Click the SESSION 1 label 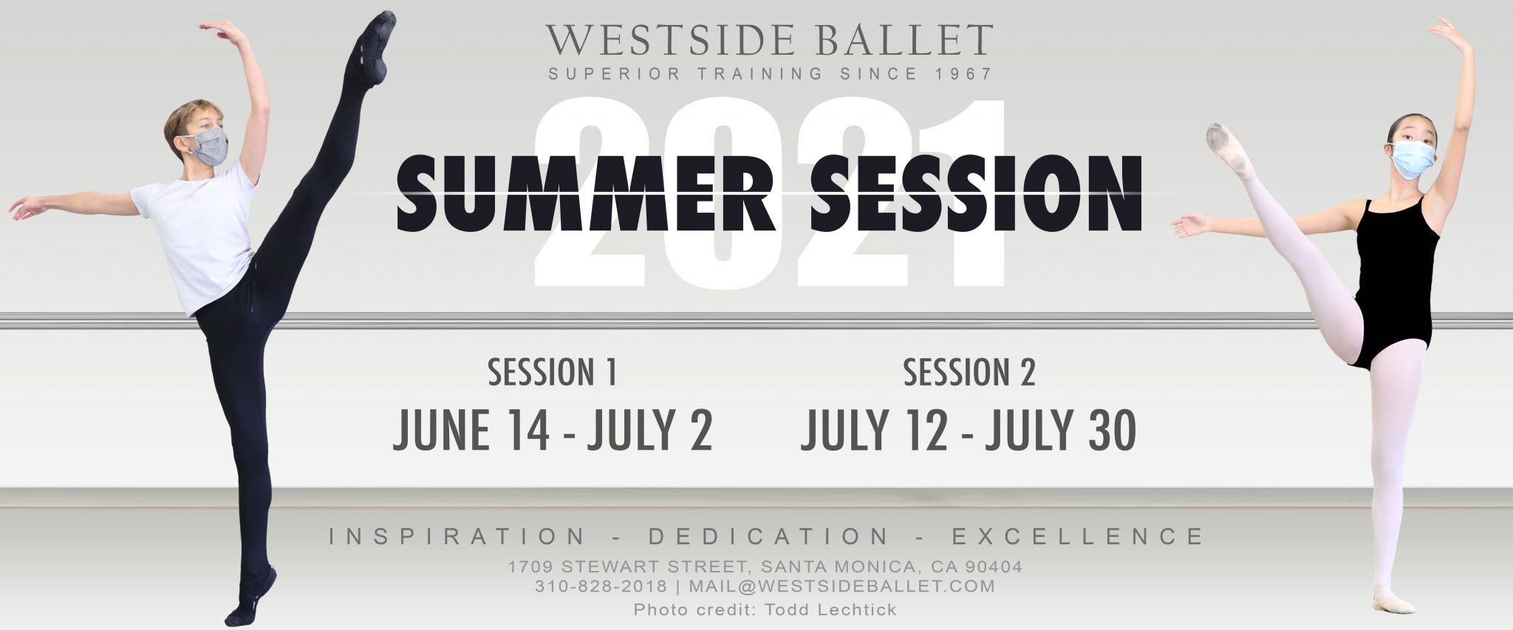coord(552,373)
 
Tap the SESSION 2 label coord(969,373)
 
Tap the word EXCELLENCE coord(1078,536)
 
